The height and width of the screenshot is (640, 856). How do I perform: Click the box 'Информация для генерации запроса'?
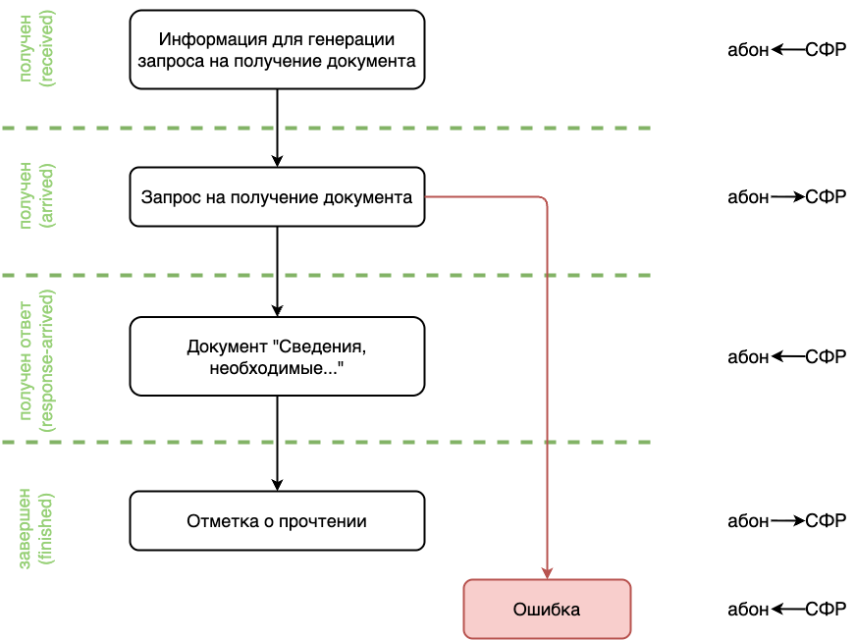(x=277, y=49)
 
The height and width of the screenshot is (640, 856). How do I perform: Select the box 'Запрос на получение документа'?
(x=277, y=197)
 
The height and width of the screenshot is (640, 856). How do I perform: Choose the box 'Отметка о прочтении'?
(x=277, y=520)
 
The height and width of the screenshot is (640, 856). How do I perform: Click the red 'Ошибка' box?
(x=547, y=610)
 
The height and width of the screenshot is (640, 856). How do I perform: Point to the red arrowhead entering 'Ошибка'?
(x=547, y=573)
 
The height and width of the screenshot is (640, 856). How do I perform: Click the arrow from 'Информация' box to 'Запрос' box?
(x=277, y=128)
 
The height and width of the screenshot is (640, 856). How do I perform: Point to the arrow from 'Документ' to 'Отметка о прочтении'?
(x=277, y=442)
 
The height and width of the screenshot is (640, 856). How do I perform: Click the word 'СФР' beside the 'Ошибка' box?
(x=826, y=610)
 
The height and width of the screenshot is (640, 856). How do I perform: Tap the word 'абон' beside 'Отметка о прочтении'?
(x=748, y=520)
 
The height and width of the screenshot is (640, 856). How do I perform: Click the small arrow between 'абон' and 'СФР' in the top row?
(x=787, y=48)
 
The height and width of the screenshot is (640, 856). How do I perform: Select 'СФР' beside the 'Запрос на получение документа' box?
(x=826, y=197)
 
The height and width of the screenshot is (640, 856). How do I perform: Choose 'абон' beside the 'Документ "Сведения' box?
(x=748, y=356)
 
